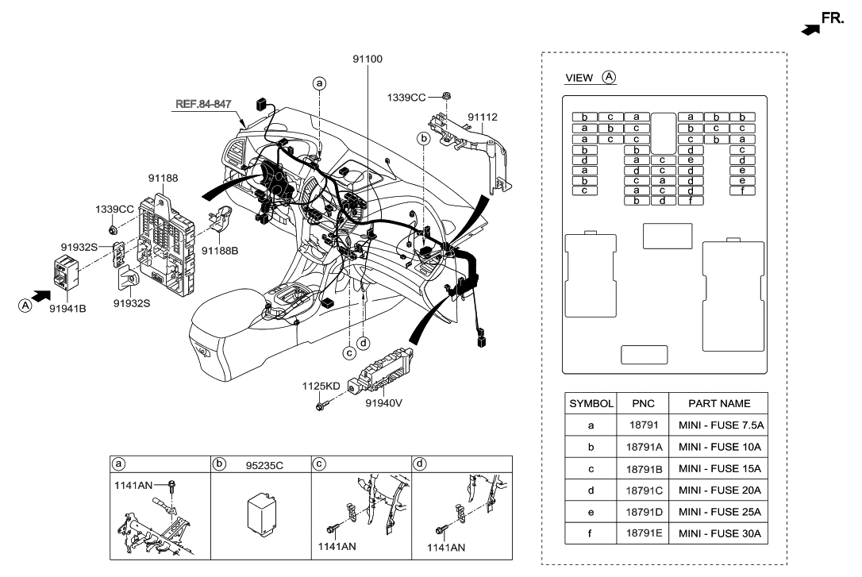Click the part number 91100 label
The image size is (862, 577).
pyautogui.click(x=368, y=59)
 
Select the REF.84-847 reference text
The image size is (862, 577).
pyautogui.click(x=205, y=103)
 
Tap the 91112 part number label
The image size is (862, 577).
pyautogui.click(x=482, y=117)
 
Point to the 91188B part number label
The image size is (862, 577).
pyautogui.click(x=220, y=251)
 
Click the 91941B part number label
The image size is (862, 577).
pyautogui.click(x=69, y=309)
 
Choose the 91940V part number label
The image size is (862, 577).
pyautogui.click(x=384, y=403)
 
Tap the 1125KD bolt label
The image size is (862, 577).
pyautogui.click(x=321, y=387)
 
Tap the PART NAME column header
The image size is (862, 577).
pyautogui.click(x=719, y=403)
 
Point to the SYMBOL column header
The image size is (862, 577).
pyautogui.click(x=591, y=403)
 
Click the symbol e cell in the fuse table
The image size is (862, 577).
pyautogui.click(x=591, y=512)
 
